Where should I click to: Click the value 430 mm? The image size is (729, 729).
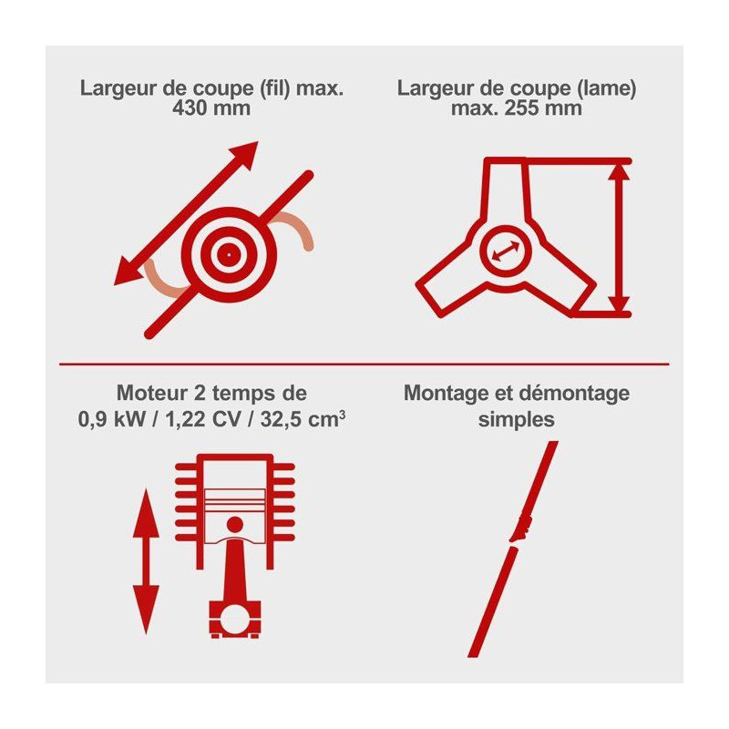tap(211, 108)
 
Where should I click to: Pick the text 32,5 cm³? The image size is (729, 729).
tap(303, 419)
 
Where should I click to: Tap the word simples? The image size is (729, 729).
tap(517, 420)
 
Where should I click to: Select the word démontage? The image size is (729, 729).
tap(574, 394)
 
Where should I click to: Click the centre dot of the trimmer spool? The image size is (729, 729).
tap(229, 255)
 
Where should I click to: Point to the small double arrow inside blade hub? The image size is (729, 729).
tap(507, 251)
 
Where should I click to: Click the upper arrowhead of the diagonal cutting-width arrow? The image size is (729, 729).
tap(243, 155)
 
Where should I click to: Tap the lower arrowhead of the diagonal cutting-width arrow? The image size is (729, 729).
tap(128, 271)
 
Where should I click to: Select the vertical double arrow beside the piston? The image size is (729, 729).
tap(146, 561)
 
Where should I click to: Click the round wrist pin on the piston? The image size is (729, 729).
tap(235, 525)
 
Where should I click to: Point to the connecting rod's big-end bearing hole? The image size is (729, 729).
tap(235, 621)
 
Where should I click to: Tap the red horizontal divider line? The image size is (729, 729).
tap(364, 364)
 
